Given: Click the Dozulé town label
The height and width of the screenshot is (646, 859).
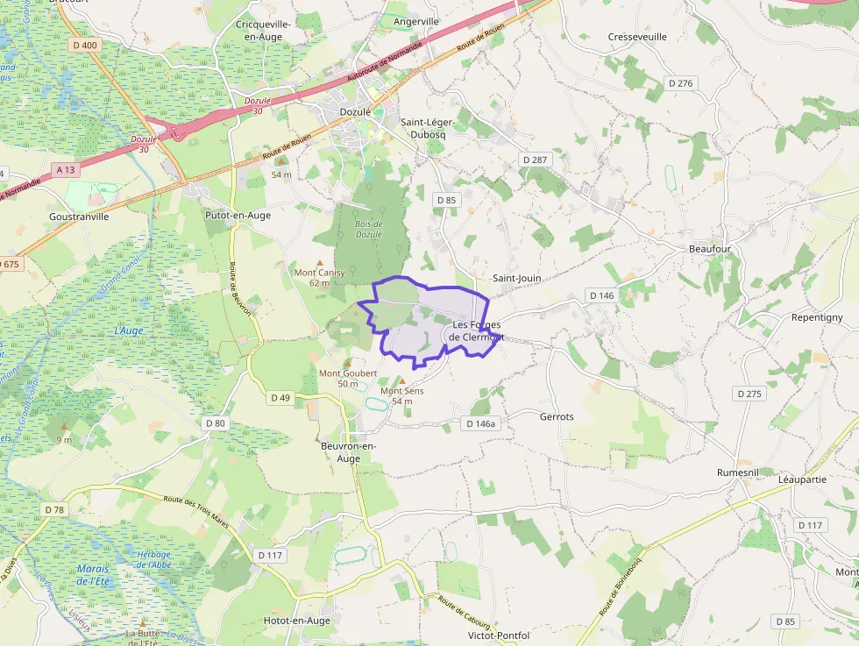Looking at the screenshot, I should tap(356, 112).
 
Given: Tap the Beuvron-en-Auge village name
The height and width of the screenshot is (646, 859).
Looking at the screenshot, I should tap(349, 452).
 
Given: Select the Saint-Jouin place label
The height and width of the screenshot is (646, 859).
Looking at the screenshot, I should tap(516, 278).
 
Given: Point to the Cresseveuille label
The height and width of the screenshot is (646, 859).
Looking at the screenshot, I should tap(637, 37).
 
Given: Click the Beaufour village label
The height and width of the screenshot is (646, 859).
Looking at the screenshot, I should tap(709, 249).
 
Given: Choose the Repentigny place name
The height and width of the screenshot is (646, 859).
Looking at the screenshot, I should tap(816, 317).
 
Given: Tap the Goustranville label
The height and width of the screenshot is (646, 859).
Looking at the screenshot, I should tap(79, 216).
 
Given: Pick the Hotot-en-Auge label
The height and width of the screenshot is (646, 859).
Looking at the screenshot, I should tap(297, 621).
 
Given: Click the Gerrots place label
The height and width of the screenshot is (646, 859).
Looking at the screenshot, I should tap(557, 416).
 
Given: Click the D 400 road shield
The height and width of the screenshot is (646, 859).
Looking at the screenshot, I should tap(86, 45).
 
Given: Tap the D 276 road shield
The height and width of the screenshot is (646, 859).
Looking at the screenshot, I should tap(680, 83).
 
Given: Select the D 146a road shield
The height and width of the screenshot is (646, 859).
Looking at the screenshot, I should tap(481, 424).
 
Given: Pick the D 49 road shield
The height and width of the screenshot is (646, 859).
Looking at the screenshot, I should tap(280, 398).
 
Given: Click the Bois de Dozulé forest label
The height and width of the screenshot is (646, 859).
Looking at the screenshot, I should tap(369, 228).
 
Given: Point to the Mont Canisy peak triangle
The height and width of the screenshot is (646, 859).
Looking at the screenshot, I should tap(319, 262).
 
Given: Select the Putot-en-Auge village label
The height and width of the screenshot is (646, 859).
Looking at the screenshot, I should tap(237, 215).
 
